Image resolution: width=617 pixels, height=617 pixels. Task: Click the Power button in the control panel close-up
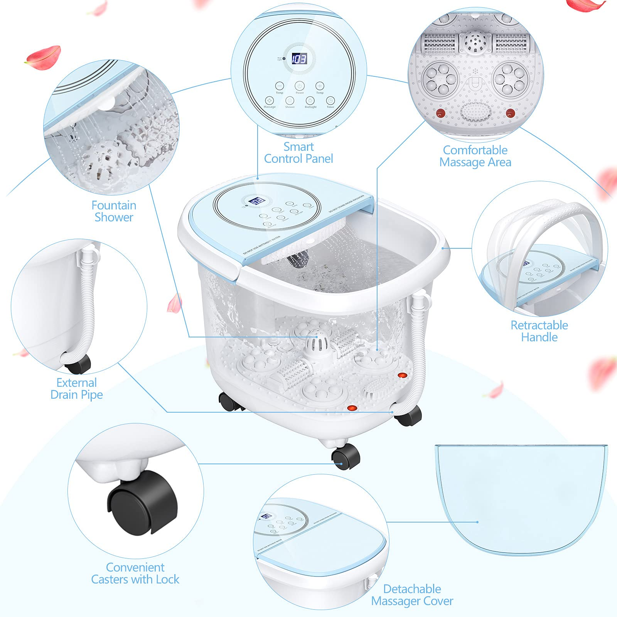[x=300, y=86]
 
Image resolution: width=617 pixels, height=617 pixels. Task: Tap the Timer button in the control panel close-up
[x=330, y=101]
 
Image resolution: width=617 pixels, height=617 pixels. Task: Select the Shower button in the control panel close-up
[x=290, y=101]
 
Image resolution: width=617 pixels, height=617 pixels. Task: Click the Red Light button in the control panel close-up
[x=310, y=101]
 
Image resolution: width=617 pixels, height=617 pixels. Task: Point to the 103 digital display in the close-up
[x=299, y=59]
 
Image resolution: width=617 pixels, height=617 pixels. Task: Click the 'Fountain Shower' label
[x=114, y=211]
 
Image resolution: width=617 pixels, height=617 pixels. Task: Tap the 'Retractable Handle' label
[x=539, y=331]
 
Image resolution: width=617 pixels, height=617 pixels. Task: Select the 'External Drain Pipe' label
[x=77, y=388]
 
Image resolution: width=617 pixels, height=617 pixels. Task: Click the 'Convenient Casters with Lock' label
[x=135, y=573]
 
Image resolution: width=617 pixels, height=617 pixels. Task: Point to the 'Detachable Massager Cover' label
[x=412, y=595]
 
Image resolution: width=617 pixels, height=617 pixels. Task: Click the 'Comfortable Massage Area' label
[x=475, y=156]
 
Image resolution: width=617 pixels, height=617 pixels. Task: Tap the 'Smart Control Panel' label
[x=298, y=153]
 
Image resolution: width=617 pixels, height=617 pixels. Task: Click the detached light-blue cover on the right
[x=521, y=497]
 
